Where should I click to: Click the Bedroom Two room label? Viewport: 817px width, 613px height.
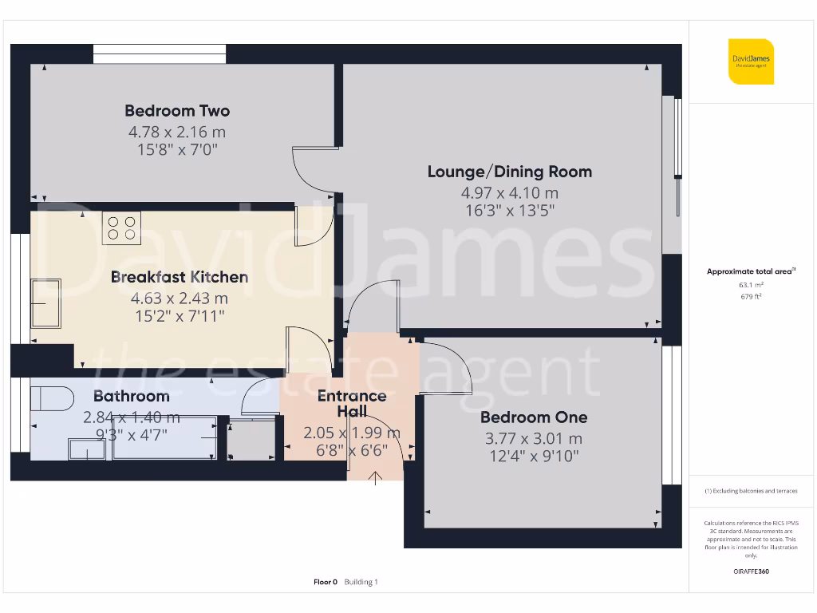click(177, 111)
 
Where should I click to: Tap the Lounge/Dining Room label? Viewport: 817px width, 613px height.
click(510, 172)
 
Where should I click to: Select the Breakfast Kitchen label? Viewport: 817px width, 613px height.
click(180, 277)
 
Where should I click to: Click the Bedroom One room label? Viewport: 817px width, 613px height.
click(534, 417)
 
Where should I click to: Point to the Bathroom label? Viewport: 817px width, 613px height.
click(132, 396)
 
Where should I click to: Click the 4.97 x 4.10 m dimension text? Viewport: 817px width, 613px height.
click(510, 192)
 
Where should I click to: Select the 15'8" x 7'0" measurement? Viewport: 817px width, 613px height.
click(177, 149)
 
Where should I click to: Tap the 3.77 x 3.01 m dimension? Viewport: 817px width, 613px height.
click(534, 438)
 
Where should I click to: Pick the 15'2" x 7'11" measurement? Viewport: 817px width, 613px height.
click(180, 316)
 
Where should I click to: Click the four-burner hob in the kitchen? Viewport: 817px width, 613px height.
click(121, 227)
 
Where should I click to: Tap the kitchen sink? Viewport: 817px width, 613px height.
click(45, 303)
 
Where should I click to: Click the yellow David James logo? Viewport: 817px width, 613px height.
click(751, 61)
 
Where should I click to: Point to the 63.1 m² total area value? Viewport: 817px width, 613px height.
click(751, 284)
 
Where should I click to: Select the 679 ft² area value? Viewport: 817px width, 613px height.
click(751, 296)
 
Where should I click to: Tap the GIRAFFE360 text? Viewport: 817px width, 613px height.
click(751, 571)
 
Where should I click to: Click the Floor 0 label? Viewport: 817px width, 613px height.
click(326, 582)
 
